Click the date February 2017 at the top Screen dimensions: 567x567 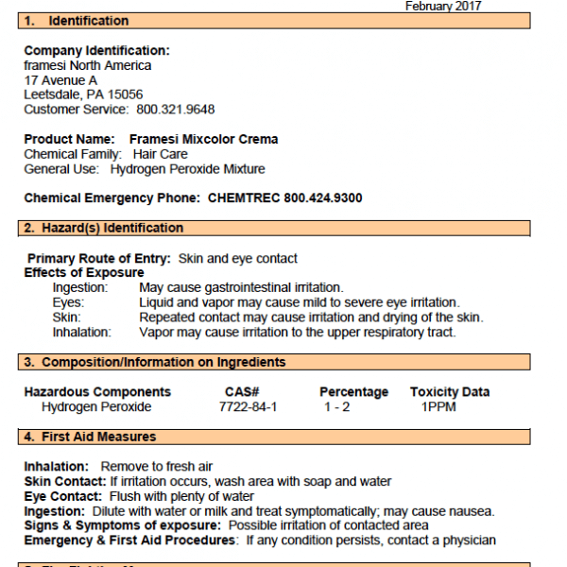443,6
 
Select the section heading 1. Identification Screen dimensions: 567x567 77,21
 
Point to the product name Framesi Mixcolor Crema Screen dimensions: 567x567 203,139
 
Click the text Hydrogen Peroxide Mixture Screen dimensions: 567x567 187,169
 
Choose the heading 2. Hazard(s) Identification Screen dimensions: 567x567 104,228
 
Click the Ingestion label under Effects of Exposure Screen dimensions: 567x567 80,287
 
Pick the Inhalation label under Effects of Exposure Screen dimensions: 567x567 81,332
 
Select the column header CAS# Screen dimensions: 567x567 242,392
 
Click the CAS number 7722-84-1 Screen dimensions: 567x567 248,407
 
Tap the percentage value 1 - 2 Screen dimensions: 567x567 337,407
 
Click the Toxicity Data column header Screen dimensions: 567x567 450,392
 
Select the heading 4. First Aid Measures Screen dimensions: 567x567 90,437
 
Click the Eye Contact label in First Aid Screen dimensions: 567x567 63,496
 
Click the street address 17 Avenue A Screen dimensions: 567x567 60,80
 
